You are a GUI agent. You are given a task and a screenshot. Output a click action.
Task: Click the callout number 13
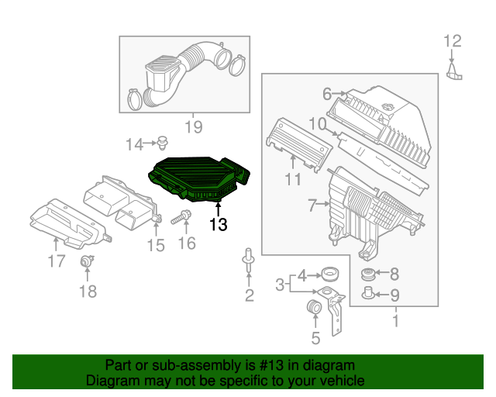click(x=219, y=225)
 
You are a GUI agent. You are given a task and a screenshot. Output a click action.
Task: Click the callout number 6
click(x=327, y=94)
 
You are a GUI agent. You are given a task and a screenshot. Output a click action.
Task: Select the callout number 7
click(x=312, y=205)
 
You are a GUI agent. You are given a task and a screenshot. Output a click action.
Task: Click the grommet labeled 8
click(x=369, y=274)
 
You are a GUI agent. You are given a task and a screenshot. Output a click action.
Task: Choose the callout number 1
click(x=395, y=319)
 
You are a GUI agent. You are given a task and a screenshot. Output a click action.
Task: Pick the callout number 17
click(x=56, y=261)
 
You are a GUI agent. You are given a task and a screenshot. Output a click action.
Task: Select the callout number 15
click(x=156, y=245)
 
